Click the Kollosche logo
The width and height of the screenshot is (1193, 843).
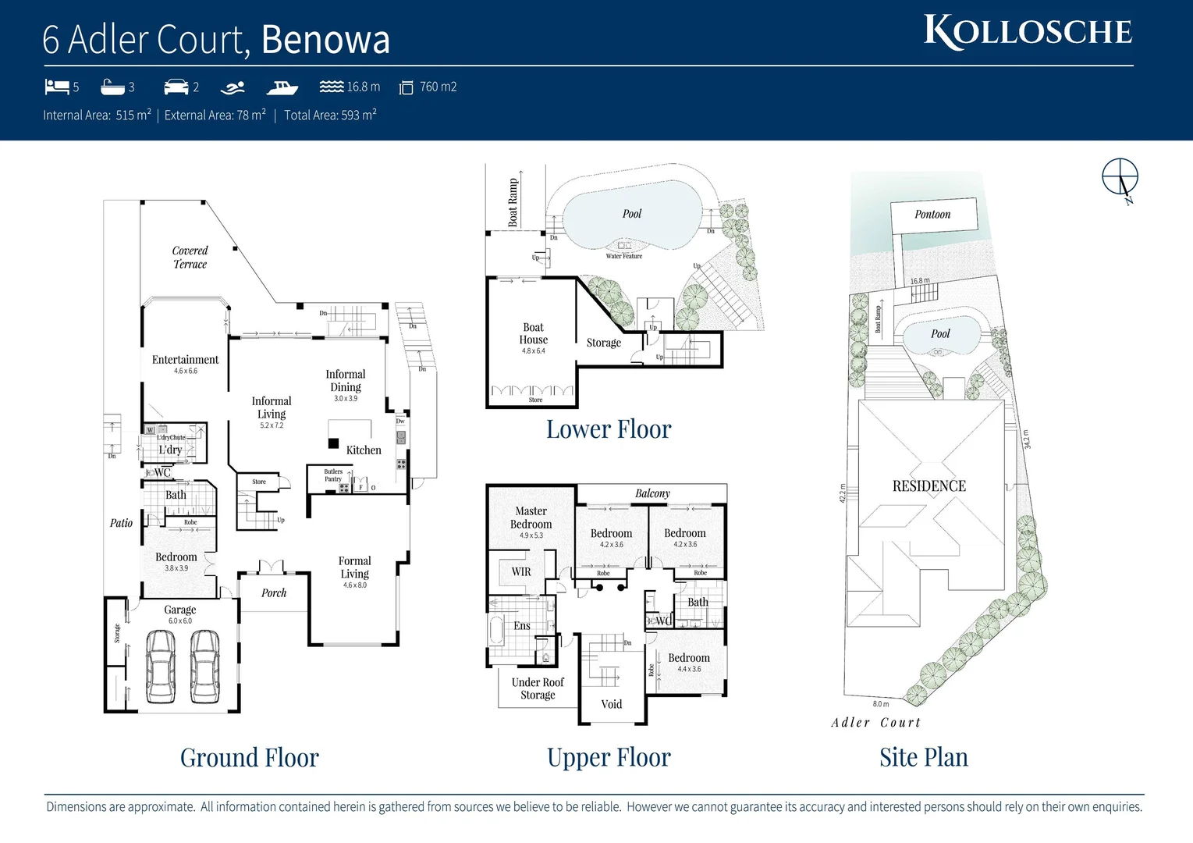point(1028,32)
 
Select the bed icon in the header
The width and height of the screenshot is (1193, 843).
point(57,86)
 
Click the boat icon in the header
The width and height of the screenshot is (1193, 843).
point(282,87)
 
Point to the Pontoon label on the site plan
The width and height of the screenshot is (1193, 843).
point(932,215)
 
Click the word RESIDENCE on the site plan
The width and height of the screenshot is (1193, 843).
point(928,486)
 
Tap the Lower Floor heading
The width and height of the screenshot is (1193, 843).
point(608,429)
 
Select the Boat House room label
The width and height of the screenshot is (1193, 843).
point(534,334)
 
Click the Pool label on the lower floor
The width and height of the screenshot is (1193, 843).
point(632,214)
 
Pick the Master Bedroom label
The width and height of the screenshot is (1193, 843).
point(531,518)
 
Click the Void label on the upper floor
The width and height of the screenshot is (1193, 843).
point(612,704)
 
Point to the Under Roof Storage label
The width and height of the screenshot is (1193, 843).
point(538,688)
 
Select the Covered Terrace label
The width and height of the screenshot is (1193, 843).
point(190,258)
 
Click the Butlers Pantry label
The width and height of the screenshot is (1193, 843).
point(333,475)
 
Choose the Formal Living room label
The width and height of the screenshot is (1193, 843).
point(354,567)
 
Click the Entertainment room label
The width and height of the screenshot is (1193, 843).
point(185,360)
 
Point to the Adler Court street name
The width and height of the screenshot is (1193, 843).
point(875,723)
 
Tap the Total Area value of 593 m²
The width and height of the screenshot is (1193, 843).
point(358,116)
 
